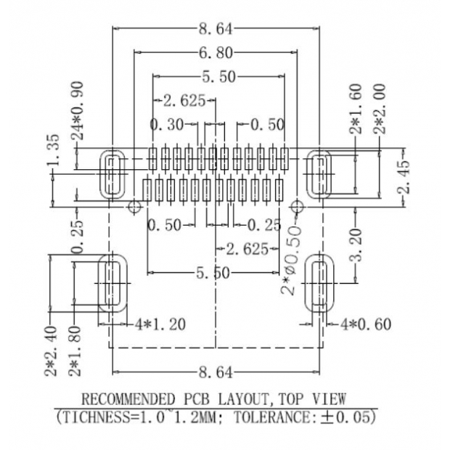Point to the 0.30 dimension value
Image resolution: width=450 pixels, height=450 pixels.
tap(167, 125)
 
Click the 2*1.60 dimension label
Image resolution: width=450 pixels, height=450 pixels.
tap(356, 109)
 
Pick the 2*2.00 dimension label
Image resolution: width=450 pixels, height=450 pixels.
tap(379, 109)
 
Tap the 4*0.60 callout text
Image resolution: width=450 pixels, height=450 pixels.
tap(366, 324)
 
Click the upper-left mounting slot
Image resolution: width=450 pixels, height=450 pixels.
tap(112, 174)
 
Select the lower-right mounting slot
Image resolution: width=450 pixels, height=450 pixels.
tap(317, 282)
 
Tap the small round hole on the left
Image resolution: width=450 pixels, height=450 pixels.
tap(133, 207)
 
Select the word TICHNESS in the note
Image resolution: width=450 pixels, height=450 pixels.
tap(91, 419)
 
